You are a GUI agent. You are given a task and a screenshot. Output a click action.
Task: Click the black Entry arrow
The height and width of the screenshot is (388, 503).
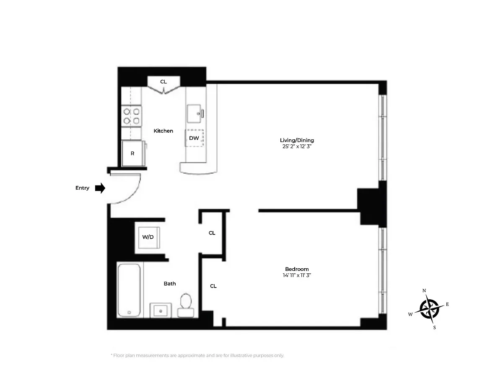tap(100, 188)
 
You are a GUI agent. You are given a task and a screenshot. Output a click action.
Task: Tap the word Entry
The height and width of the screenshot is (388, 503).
tap(82, 188)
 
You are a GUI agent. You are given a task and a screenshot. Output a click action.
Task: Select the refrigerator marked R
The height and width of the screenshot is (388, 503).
tap(132, 154)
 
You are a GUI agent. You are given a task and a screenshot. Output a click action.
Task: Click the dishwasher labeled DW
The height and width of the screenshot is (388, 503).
tap(194, 138)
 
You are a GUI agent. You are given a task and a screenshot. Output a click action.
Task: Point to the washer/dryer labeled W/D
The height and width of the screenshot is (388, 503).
tap(148, 237)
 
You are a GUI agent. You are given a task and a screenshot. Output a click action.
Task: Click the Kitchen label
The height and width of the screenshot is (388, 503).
tap(163, 131)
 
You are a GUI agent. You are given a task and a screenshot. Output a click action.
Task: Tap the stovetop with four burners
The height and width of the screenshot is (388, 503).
tap(132, 116)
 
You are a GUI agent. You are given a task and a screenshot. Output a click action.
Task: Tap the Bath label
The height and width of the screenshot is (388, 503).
tap(170, 284)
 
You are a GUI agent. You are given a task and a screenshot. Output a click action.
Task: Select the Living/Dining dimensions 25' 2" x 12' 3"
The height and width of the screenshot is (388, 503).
tap(297, 147)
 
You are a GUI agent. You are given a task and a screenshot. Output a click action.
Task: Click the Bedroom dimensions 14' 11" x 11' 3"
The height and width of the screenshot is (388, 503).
tap(297, 275)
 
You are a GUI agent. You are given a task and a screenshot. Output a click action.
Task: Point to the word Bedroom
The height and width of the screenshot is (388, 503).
tap(297, 269)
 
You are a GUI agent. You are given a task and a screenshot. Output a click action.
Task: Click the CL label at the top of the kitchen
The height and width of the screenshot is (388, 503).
tap(163, 82)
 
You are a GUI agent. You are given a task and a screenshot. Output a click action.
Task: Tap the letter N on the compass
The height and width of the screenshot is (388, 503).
tap(424, 290)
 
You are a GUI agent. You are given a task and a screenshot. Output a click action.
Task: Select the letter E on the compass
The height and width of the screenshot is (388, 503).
tap(447, 304)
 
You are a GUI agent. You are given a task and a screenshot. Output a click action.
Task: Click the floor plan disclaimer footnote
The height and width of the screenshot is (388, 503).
tap(197, 355)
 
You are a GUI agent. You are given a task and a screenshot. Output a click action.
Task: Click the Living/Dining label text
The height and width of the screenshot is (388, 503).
tap(297, 140)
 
